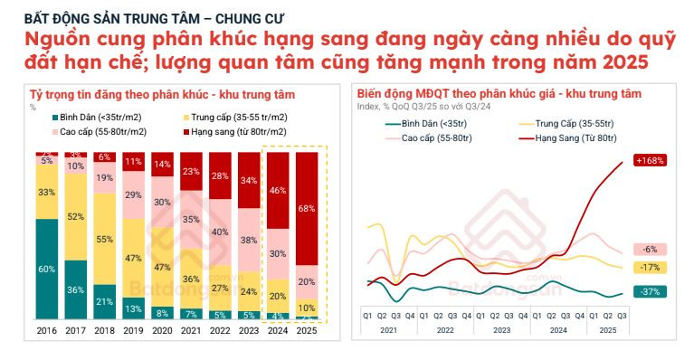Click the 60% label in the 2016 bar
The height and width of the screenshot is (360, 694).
pyautogui.click(x=47, y=270)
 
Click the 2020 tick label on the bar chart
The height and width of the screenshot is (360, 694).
pyautogui.click(x=163, y=331)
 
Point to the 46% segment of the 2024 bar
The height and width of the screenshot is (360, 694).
pyautogui.click(x=279, y=191)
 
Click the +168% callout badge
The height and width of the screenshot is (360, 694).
pyautogui.click(x=650, y=160)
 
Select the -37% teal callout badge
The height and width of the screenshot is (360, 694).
pyautogui.click(x=650, y=291)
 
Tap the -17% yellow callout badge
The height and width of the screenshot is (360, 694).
pyautogui.click(x=650, y=268)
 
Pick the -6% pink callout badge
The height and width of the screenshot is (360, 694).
pyautogui.click(x=650, y=249)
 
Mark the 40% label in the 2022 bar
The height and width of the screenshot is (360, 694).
pyautogui.click(x=221, y=232)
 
